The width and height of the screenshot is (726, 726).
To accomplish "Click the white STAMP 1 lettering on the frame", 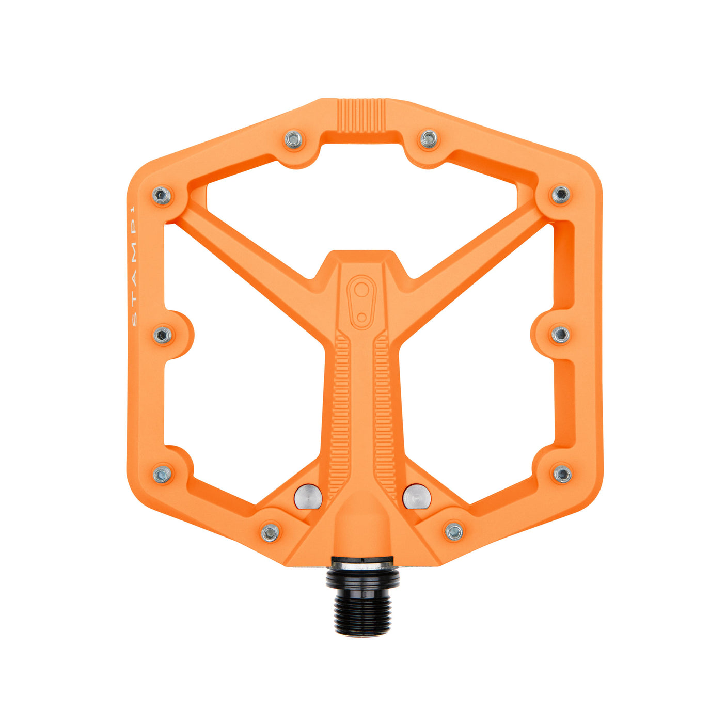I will [134, 267].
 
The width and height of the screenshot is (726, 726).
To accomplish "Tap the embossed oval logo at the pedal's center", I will [361, 302].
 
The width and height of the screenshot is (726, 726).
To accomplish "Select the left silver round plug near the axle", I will [308, 497].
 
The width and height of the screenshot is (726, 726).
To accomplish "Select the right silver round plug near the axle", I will [417, 497].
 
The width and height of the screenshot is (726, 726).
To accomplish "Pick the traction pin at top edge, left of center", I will [293, 139].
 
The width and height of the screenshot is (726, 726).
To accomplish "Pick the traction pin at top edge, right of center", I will [429, 138].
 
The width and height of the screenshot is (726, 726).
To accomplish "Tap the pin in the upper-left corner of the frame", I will [162, 196].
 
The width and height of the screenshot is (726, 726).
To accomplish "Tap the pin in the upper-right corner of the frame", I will [560, 195].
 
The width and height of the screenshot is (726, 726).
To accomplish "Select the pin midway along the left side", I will [163, 336].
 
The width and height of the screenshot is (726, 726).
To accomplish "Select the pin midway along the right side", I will [560, 335].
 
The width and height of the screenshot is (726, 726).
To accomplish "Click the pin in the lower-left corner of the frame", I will [163, 474].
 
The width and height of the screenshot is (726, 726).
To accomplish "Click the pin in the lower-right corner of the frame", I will [562, 474].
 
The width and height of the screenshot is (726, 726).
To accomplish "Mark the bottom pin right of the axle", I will [454, 531].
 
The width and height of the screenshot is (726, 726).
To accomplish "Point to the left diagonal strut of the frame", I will [248, 248].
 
